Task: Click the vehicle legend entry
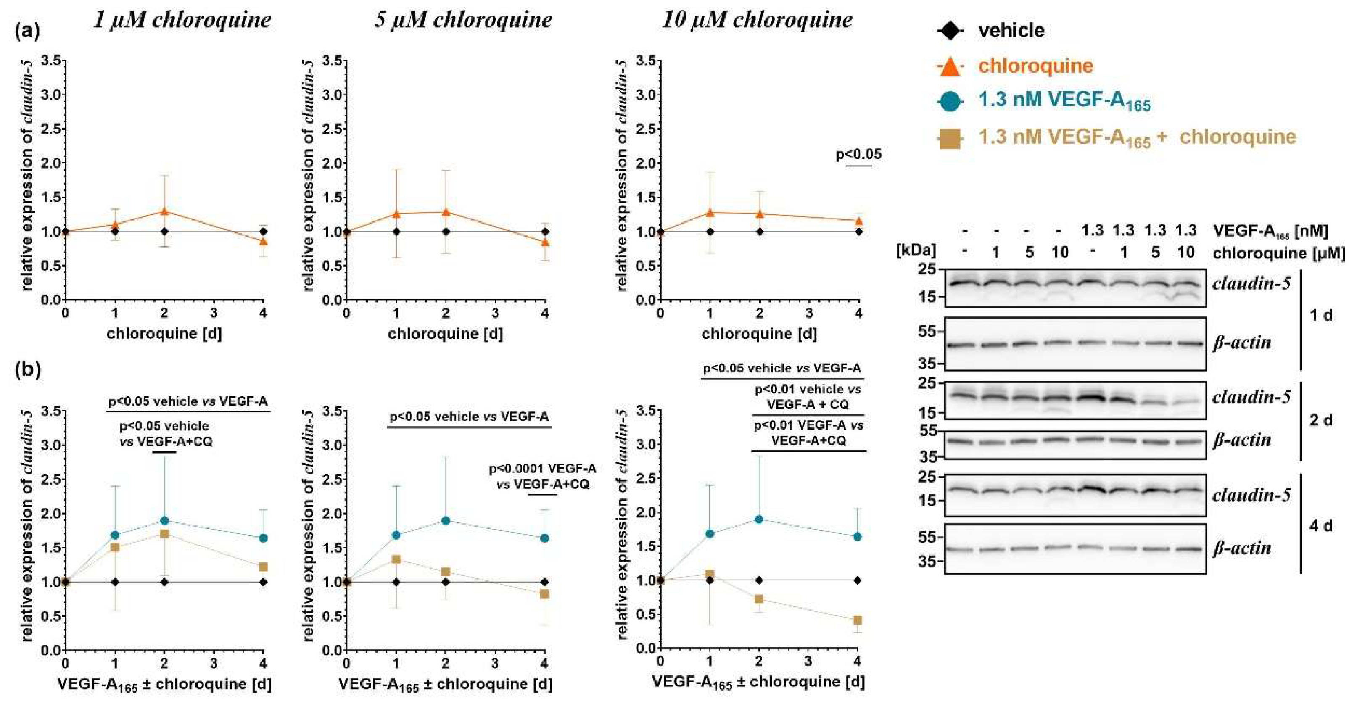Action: click(1010, 31)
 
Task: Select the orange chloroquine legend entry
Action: click(1035, 66)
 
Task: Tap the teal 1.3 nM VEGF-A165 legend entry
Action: click(1064, 101)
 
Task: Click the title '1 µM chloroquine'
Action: click(182, 20)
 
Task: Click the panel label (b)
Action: click(27, 369)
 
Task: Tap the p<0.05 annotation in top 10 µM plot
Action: click(858, 155)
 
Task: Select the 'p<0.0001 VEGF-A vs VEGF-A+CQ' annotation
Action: click(543, 476)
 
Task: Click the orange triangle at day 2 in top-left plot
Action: click(164, 211)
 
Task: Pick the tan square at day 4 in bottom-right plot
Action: click(858, 620)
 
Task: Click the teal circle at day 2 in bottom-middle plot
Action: click(446, 521)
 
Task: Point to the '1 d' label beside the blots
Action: click(1321, 315)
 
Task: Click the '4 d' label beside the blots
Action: click(1321, 525)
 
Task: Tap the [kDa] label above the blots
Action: click(916, 250)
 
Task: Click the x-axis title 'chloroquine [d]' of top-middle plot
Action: click(445, 334)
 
